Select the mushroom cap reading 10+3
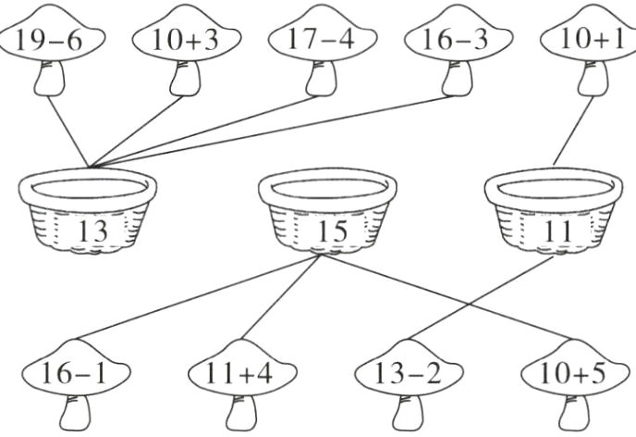[x=185, y=40]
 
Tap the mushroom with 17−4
[x=320, y=40]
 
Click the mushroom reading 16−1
[x=74, y=374]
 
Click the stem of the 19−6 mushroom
[x=49, y=81]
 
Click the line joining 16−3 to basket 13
[x=277, y=131]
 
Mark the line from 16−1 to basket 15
[x=194, y=298]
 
